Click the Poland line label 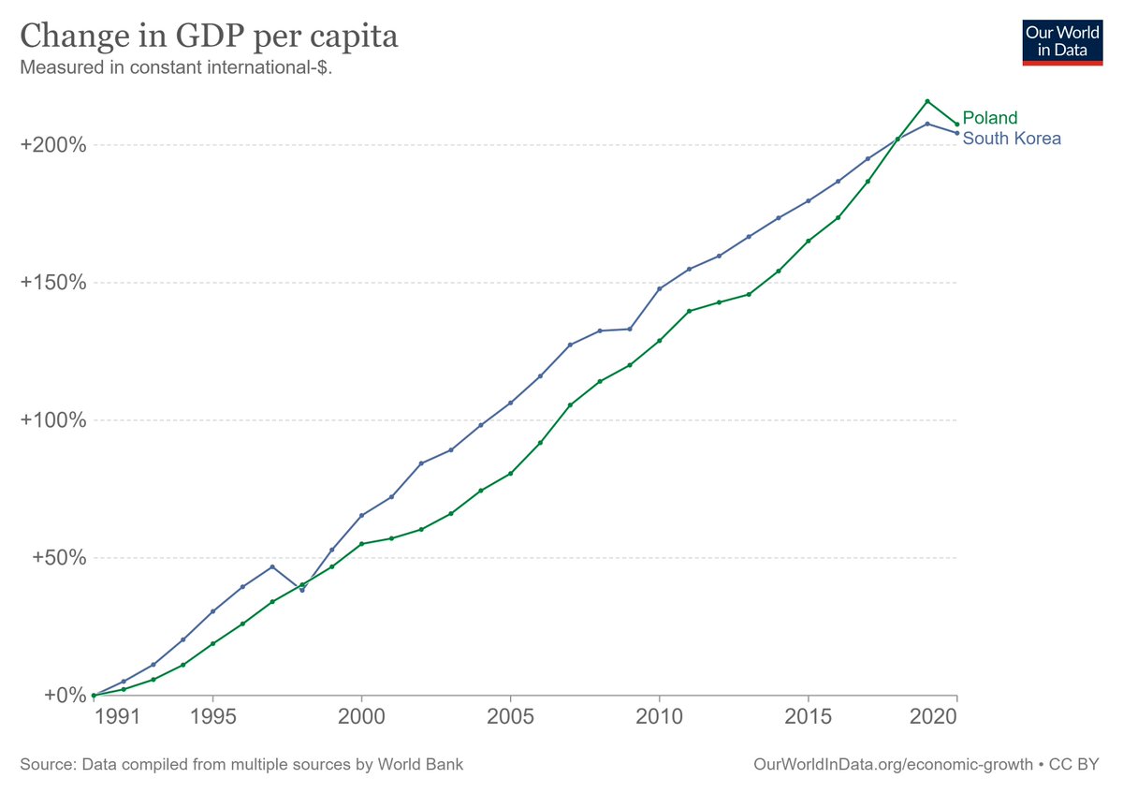coord(989,118)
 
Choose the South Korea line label coord(1012,139)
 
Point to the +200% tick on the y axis coord(53,145)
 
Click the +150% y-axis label coord(53,283)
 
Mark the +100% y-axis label coord(53,420)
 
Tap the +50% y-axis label coord(58,558)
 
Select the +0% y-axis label coord(64,696)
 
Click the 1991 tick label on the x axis coord(124,717)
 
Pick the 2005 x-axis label coord(510,717)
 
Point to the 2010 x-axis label coord(659,717)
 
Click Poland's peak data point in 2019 coord(926,101)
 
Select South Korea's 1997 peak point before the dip coord(272,566)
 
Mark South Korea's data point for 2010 coord(659,288)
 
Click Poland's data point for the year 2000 coord(361,544)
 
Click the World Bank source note coord(241,765)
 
